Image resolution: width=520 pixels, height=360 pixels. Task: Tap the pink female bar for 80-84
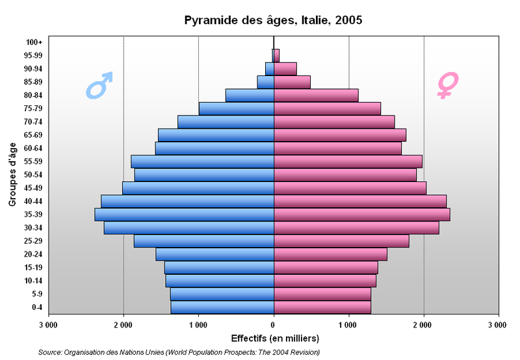point(316,95)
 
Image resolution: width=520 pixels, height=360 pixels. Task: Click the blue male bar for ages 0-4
point(222,307)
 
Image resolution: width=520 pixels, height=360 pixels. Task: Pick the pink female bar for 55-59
point(348,161)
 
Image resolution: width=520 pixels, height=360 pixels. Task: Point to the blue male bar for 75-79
point(236,109)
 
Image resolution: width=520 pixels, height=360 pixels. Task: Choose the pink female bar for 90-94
point(285,68)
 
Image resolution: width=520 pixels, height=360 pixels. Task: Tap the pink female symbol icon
point(447,85)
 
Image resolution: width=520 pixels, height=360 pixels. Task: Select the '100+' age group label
point(34,42)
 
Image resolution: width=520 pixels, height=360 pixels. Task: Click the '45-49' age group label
point(32,188)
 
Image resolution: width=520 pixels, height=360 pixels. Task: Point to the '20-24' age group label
point(32,254)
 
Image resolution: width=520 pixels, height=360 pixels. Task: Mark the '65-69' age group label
point(32,135)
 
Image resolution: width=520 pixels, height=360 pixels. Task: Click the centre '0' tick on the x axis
point(274,323)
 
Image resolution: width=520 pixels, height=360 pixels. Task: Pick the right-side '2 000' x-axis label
point(424,323)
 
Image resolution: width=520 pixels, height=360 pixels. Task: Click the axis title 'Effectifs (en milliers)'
point(275,338)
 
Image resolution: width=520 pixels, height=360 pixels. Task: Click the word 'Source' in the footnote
point(50,352)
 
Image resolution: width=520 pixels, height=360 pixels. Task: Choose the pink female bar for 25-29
point(341,241)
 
